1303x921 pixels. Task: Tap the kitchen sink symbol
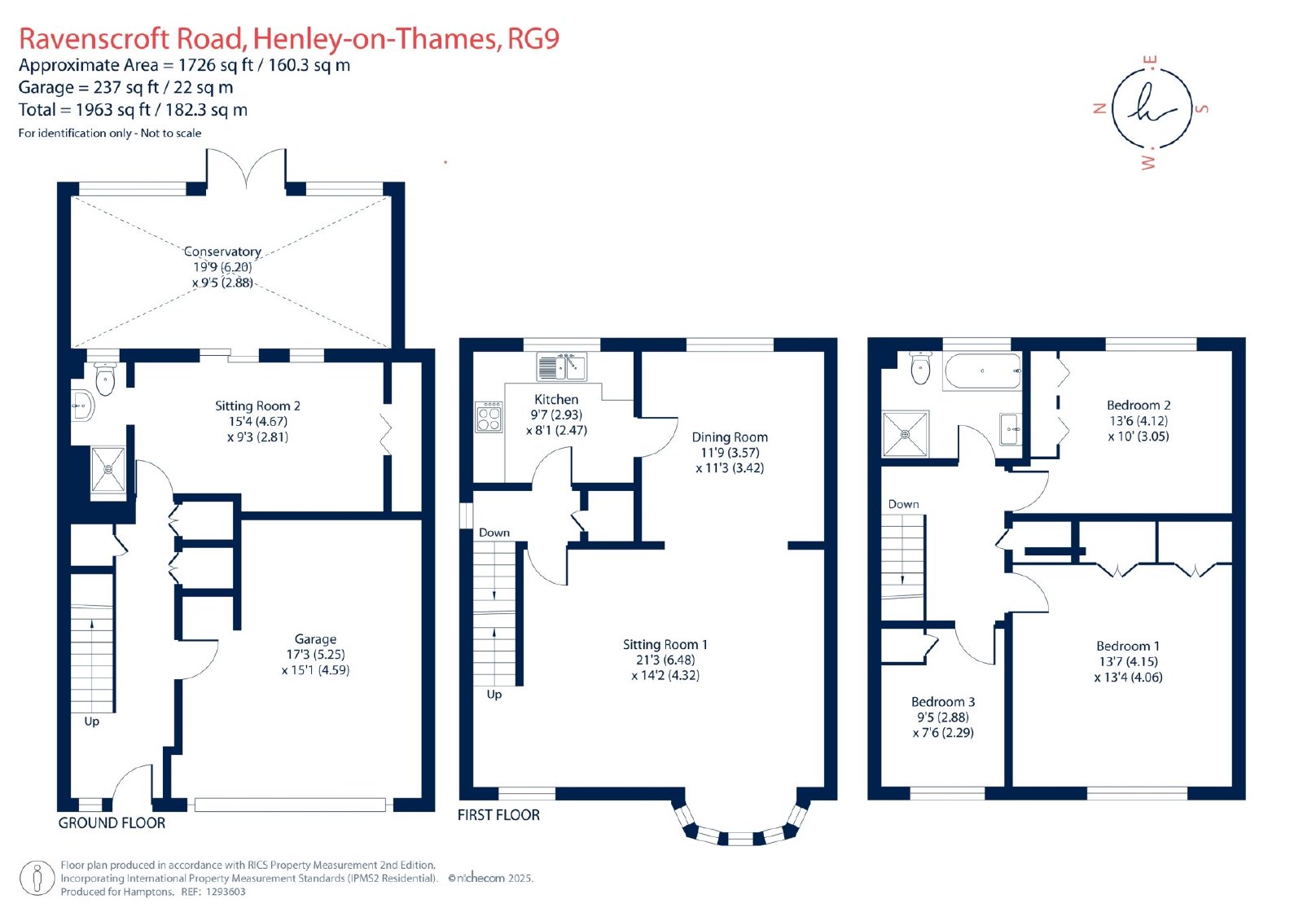(x=562, y=366)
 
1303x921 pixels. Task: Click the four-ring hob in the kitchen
(x=489, y=417)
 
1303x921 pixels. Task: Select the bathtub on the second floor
(x=982, y=371)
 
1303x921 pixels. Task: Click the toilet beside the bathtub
(x=920, y=368)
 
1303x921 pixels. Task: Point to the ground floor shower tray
(x=108, y=470)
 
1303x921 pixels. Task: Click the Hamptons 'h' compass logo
(x=1152, y=109)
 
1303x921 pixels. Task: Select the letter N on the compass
(x=1099, y=108)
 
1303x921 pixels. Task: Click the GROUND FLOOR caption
(x=112, y=822)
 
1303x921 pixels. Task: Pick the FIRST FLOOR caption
(x=498, y=815)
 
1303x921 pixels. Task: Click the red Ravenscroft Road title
(x=289, y=39)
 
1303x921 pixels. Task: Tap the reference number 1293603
(x=226, y=892)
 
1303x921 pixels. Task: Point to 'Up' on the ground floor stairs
(x=91, y=721)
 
